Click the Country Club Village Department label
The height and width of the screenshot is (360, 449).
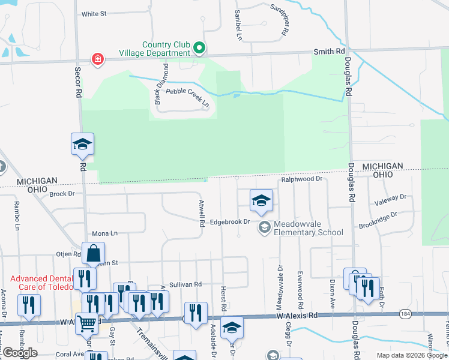(x=166, y=49)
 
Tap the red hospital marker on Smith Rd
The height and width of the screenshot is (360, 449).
(x=97, y=58)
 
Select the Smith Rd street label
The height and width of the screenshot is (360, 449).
(x=328, y=52)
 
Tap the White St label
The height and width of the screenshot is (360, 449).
(x=93, y=13)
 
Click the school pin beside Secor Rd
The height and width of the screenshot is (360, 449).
(x=83, y=144)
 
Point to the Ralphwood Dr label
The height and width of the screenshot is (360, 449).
(x=302, y=179)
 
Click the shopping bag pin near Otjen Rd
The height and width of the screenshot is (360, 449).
(x=94, y=254)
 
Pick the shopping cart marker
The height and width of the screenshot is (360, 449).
(x=87, y=324)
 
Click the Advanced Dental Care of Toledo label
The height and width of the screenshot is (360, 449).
(x=45, y=283)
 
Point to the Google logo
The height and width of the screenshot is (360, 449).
(x=20, y=353)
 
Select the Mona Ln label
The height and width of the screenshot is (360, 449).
(x=105, y=233)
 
